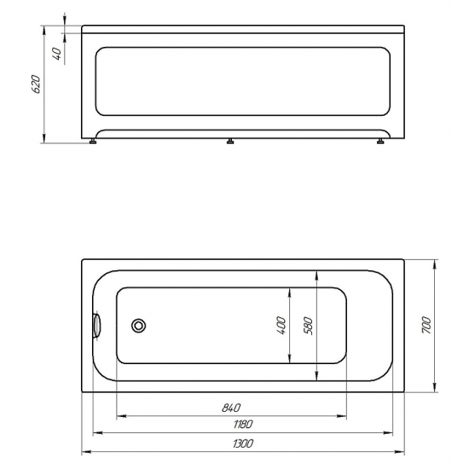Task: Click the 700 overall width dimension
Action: coord(431,325)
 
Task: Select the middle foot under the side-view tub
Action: coord(230,142)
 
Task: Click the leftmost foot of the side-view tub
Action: coord(93,142)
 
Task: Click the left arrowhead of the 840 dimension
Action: coord(119,416)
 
